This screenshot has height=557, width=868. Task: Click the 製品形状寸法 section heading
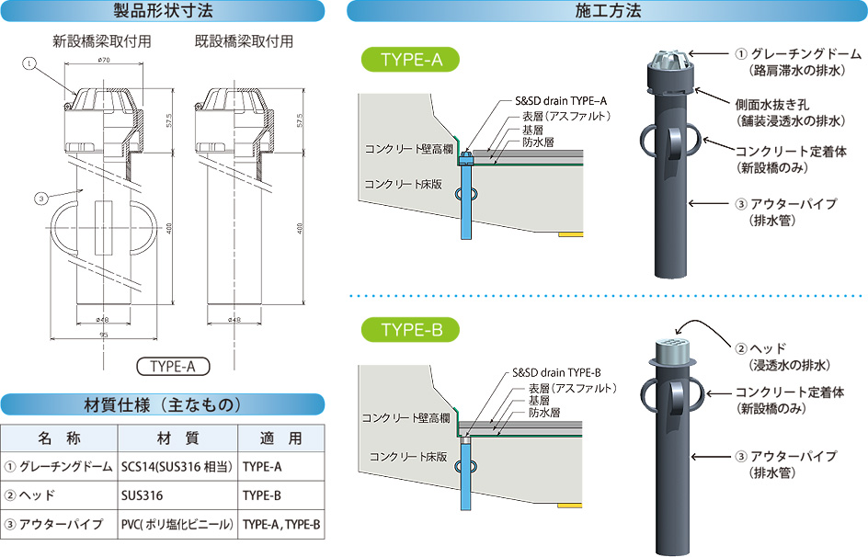tap(162, 11)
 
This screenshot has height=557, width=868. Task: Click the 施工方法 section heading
tap(607, 11)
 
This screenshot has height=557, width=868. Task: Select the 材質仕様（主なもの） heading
tap(162, 404)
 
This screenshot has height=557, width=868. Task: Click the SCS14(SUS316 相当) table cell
tap(177, 467)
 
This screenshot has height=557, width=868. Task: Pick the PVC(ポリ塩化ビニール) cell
tap(177, 525)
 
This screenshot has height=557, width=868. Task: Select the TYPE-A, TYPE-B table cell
tap(281, 525)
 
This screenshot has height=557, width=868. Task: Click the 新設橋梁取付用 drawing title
tap(101, 41)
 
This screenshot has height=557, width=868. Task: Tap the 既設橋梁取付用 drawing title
tap(244, 41)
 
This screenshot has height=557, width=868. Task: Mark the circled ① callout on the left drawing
tap(29, 63)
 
